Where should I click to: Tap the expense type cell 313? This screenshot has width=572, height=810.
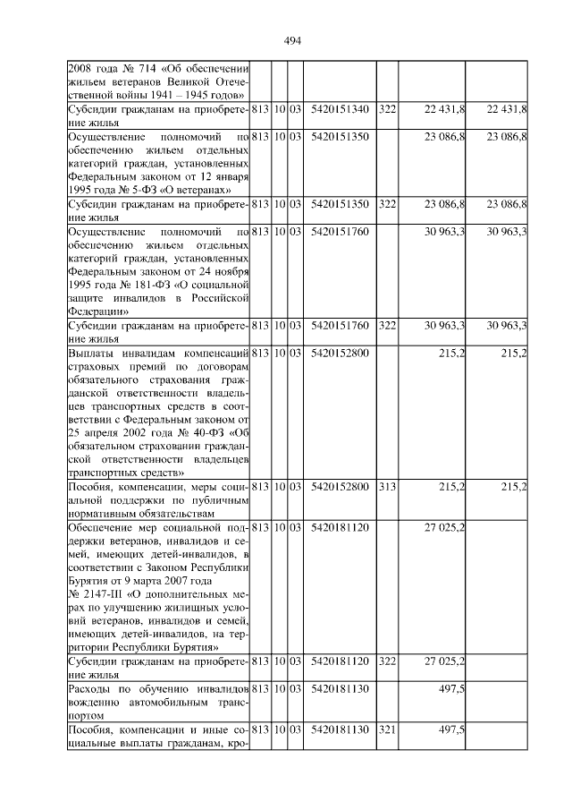point(386,486)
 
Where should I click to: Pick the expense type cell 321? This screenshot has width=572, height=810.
point(386,730)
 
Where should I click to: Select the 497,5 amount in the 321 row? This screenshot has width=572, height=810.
point(450,730)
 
